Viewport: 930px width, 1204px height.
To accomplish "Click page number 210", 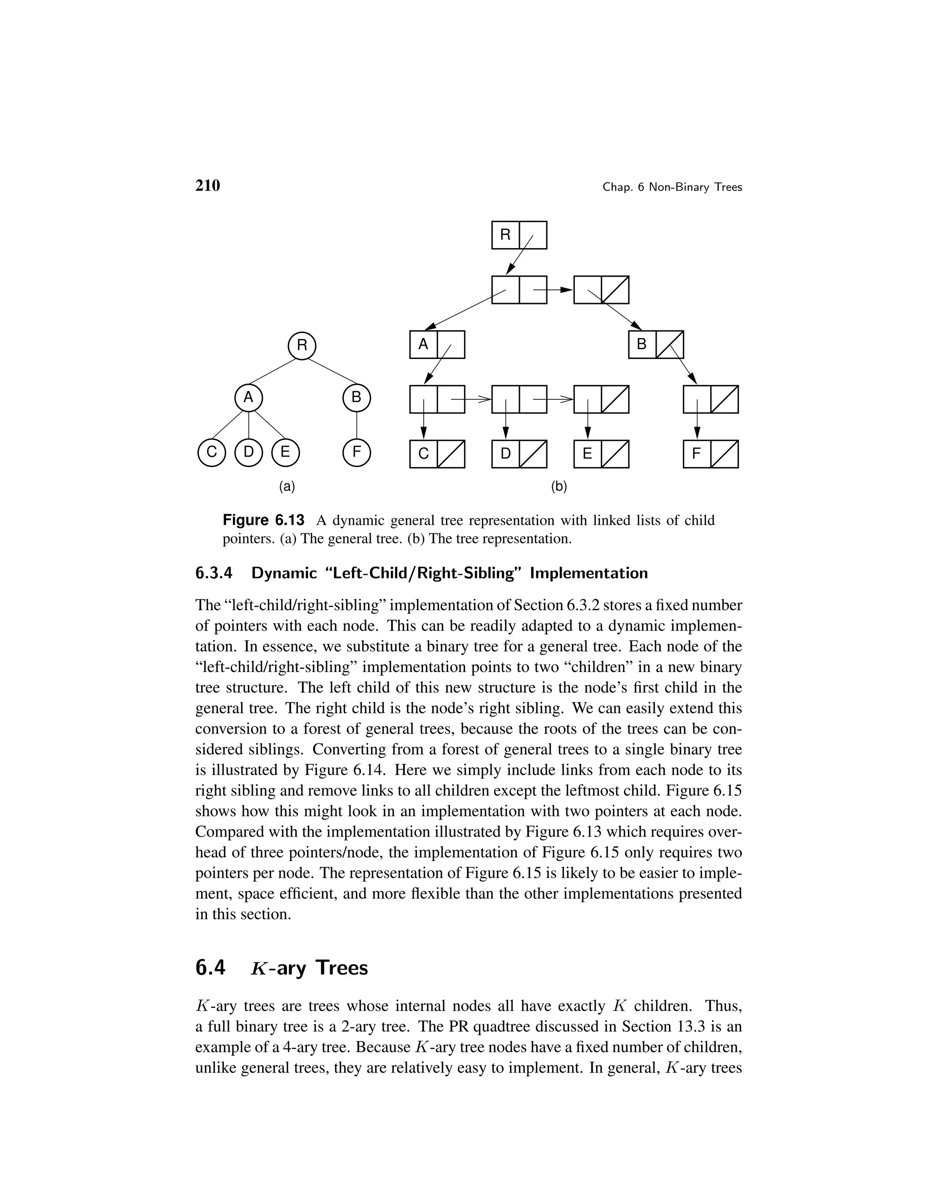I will coord(208,186).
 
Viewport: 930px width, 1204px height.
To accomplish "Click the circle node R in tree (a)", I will coord(302,346).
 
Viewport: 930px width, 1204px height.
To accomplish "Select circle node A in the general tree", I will coord(248,398).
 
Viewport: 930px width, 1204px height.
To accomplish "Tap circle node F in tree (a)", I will coord(356,453).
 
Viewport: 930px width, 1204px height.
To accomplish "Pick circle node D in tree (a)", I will coord(248,453).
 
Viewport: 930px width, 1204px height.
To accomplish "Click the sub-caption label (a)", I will coord(287,486).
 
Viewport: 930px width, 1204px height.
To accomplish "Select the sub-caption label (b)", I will coord(559,486).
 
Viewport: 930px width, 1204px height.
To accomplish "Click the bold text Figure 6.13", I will coord(263,520).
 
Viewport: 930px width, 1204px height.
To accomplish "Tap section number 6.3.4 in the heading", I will coord(214,573).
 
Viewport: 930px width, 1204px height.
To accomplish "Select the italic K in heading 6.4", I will coord(258,969).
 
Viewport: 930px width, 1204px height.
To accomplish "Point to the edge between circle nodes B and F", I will coord(356,425).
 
